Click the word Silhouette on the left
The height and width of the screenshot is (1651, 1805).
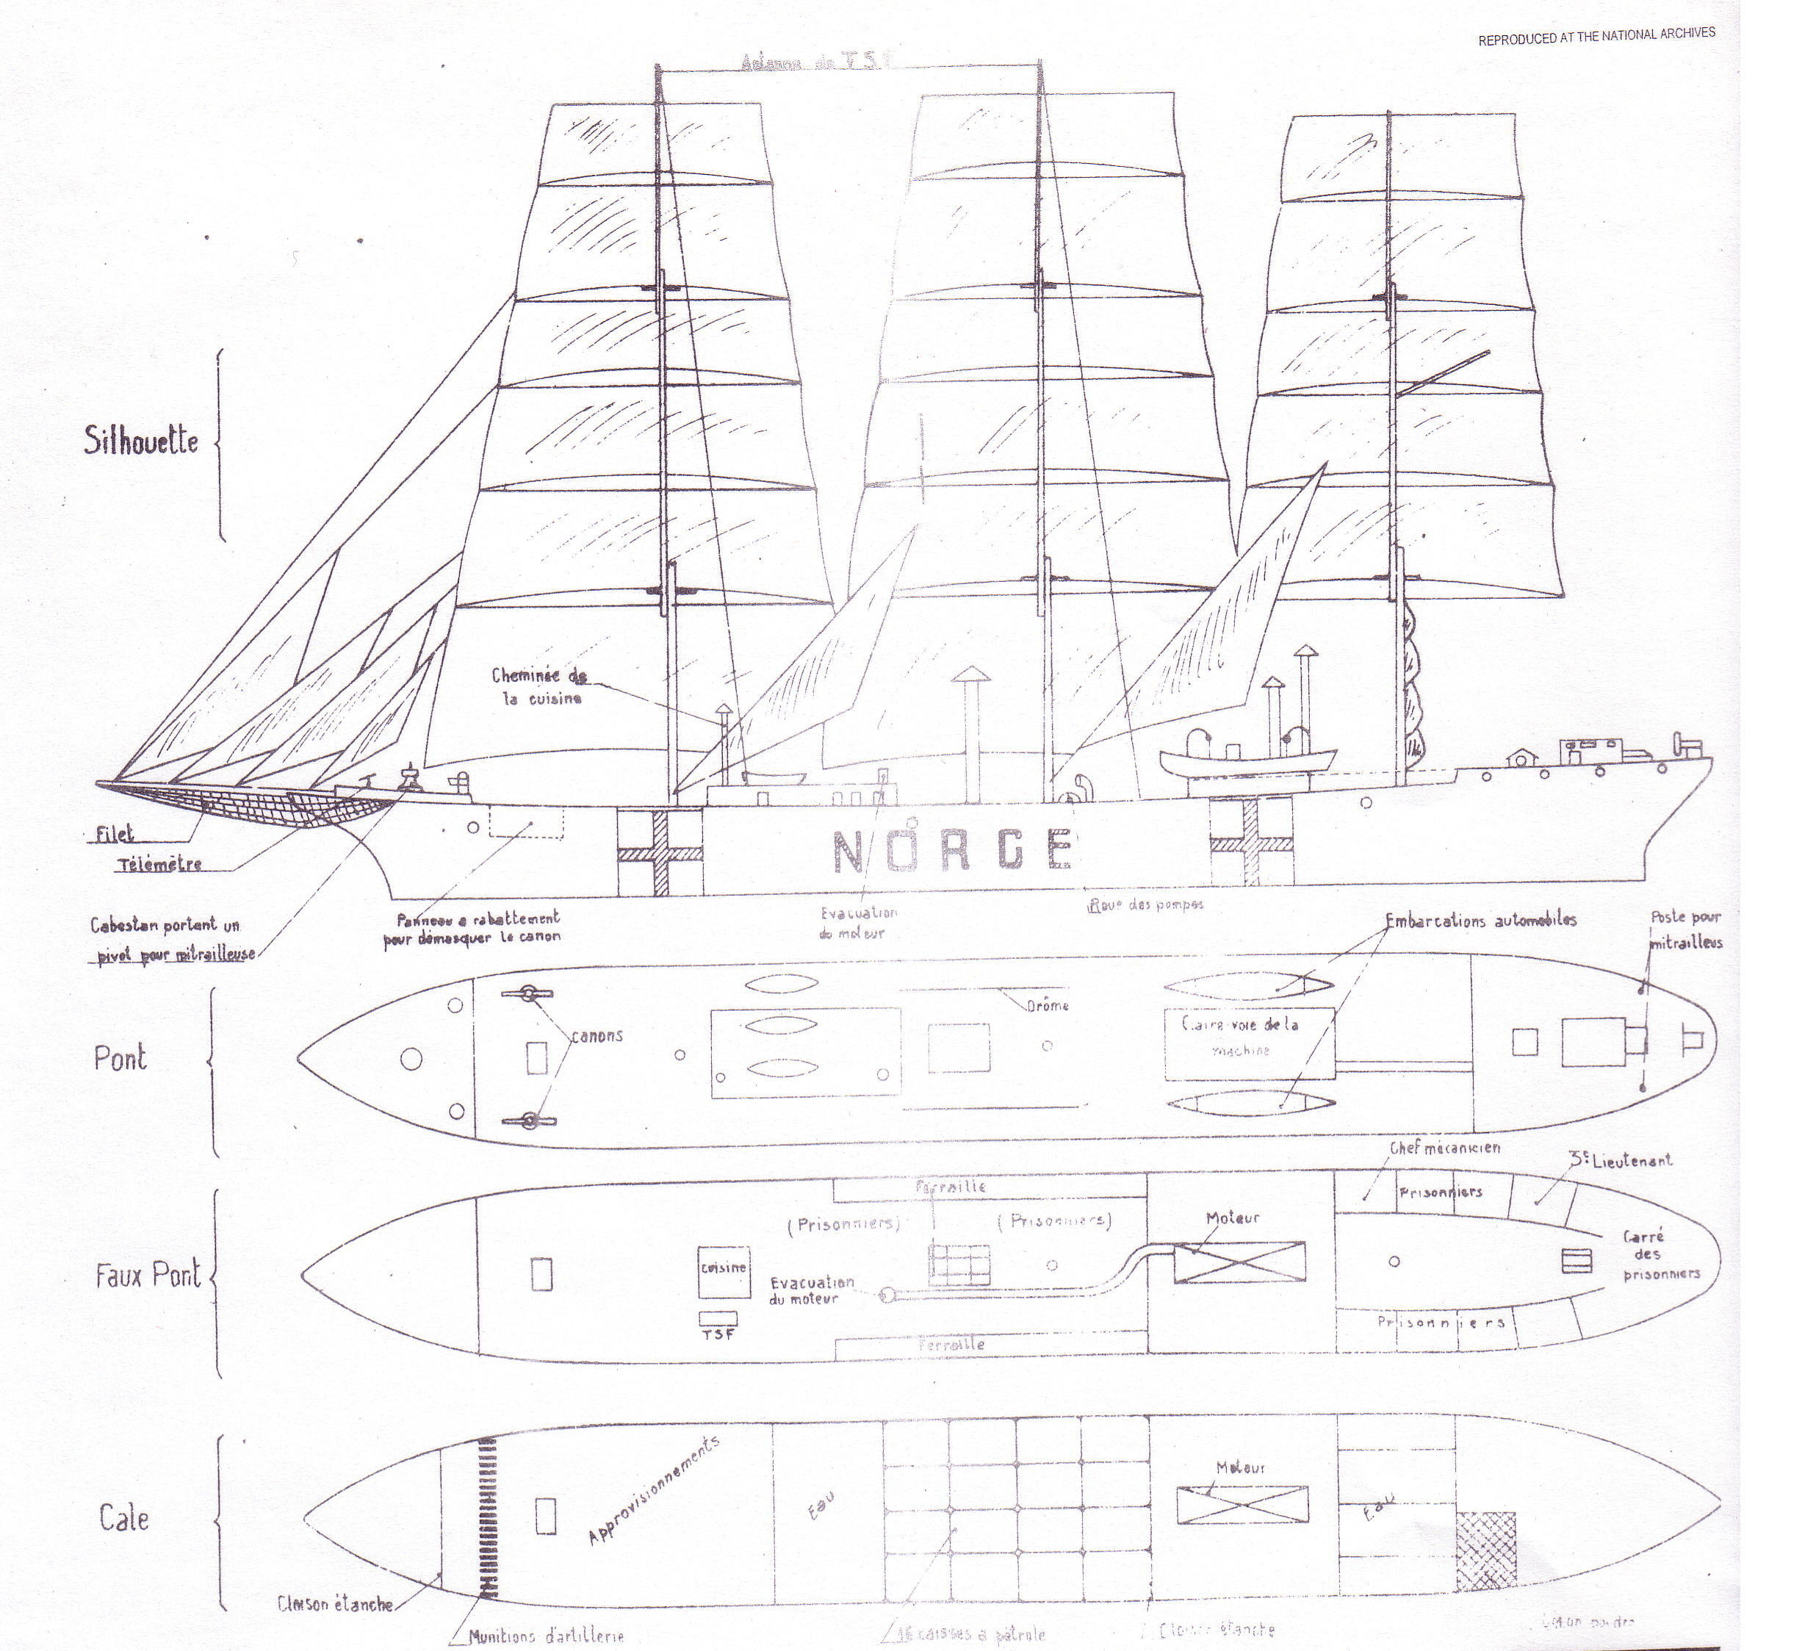pos(140,441)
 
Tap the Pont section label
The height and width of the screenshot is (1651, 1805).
pos(120,1058)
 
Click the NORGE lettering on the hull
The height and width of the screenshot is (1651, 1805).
pos(952,851)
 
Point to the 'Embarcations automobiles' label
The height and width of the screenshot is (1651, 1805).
pos(1481,921)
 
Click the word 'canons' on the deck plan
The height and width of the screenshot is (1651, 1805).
pos(597,1036)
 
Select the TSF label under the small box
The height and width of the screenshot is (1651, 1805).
pos(718,1334)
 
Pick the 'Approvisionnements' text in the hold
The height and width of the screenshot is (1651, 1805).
pos(654,1491)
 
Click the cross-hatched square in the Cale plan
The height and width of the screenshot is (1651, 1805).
pos(1486,1552)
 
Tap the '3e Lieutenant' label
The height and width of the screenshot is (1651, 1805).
pos(1621,1160)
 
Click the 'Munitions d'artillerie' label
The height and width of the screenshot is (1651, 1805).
pos(546,1636)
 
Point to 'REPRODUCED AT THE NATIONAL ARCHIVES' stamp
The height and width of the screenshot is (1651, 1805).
pos(1596,36)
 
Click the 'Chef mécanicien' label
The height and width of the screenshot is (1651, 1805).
pos(1445,1148)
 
